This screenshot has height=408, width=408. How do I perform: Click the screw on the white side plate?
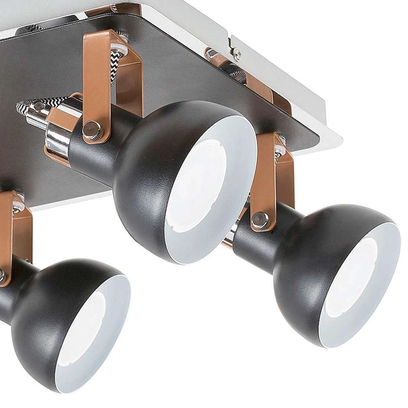click(237, 52)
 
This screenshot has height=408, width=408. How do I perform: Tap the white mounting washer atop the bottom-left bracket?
click(16, 199)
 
